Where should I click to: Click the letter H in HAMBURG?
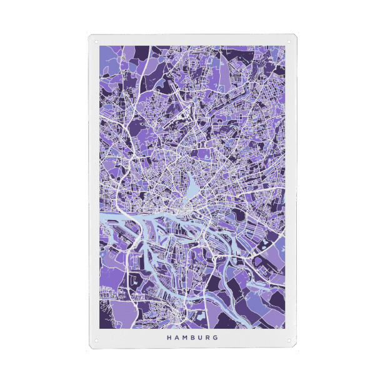[x=168, y=337]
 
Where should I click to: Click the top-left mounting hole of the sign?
[x=96, y=42]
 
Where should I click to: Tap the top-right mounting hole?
[x=289, y=42]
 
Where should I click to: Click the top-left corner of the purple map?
[x=99, y=45]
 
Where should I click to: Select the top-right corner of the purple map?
[x=286, y=45]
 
